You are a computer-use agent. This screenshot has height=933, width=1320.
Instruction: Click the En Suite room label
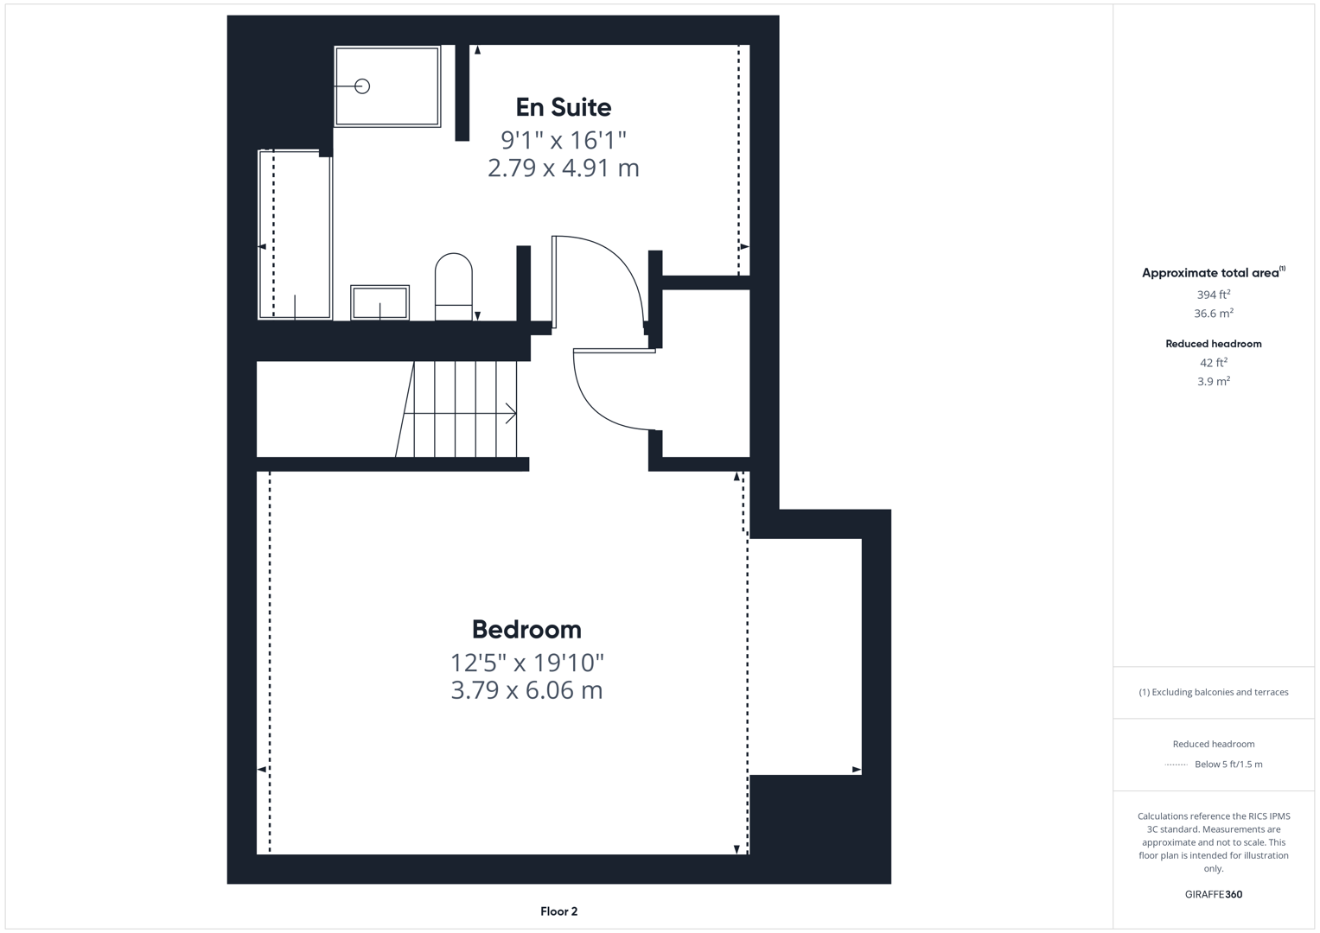click(563, 107)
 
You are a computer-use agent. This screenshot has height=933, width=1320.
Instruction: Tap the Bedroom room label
click(526, 629)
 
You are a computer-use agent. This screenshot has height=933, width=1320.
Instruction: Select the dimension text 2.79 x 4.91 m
click(563, 168)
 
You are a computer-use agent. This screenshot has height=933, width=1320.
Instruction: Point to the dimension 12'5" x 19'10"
click(526, 663)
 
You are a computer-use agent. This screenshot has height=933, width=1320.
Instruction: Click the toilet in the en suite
click(453, 285)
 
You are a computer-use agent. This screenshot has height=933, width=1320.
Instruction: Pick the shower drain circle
click(362, 86)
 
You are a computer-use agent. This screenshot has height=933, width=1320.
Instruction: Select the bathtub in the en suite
click(295, 234)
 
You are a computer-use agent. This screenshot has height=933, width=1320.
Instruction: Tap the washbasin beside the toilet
click(379, 302)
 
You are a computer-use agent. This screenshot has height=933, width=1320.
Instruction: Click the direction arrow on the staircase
click(509, 414)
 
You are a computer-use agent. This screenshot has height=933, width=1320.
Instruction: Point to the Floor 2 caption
click(558, 911)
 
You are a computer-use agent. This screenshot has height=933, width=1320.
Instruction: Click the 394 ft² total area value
click(1213, 295)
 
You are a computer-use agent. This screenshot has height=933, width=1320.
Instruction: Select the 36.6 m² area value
click(1213, 314)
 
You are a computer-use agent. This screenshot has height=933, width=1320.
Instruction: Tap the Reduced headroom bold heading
click(1213, 344)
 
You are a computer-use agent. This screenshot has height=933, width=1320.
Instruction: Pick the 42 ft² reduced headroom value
click(1213, 363)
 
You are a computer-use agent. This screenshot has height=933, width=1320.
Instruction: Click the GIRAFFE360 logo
click(1213, 894)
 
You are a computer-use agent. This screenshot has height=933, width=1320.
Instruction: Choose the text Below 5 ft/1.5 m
click(1228, 765)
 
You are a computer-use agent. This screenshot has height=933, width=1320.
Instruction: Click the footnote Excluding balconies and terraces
click(1213, 692)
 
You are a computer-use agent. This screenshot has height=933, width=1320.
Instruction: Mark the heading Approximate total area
click(1210, 273)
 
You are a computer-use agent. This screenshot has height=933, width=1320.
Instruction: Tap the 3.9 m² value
click(1213, 381)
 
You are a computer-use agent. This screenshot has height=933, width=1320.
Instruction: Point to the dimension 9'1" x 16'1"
click(563, 139)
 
